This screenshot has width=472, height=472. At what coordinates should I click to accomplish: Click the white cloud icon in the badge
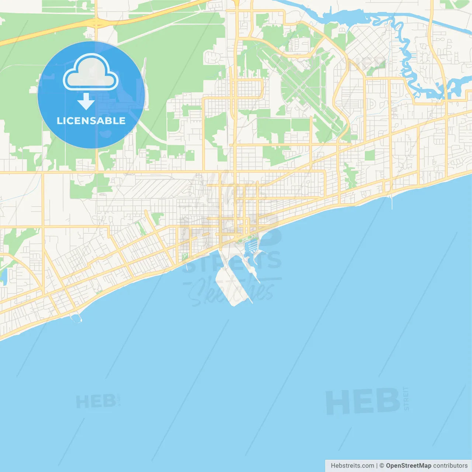pyautogui.click(x=91, y=73)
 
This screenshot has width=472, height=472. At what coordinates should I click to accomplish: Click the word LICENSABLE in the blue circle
pyautogui.click(x=91, y=121)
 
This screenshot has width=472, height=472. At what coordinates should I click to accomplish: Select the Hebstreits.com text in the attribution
pyautogui.click(x=352, y=466)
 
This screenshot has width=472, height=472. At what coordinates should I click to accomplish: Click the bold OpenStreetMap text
pyautogui.click(x=409, y=466)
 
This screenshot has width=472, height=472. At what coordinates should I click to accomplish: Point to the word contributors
pyautogui.click(x=450, y=466)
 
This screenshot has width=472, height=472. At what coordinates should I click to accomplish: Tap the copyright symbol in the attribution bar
pyautogui.click(x=382, y=466)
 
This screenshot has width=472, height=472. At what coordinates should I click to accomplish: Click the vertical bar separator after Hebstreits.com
pyautogui.click(x=377, y=466)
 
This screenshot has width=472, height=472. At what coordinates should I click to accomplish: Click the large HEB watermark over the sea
pyautogui.click(x=363, y=401)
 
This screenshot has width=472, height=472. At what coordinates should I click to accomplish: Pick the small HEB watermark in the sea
pyautogui.click(x=96, y=402)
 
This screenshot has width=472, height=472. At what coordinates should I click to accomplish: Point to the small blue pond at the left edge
pyautogui.click(x=4, y=277)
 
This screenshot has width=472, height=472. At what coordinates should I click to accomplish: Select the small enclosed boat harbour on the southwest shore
pyautogui.click(x=76, y=317)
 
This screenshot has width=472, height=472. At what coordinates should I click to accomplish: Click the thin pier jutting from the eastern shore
pyautogui.click(x=391, y=201)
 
